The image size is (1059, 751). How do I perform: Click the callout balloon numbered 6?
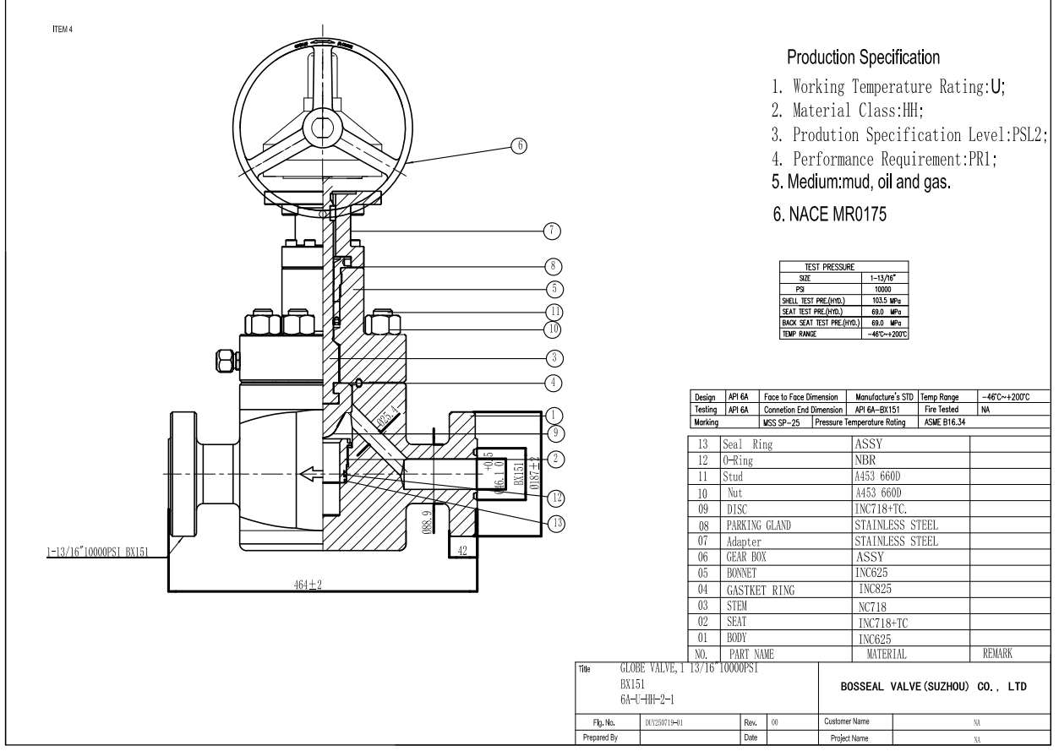coord(520,145)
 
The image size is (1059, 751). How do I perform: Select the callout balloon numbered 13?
coord(555,523)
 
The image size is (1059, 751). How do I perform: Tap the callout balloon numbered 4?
coord(555,382)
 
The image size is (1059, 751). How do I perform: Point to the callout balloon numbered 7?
coord(555,230)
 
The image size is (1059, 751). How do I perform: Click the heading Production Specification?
coord(863,58)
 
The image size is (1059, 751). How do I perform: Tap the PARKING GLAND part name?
coord(758,525)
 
